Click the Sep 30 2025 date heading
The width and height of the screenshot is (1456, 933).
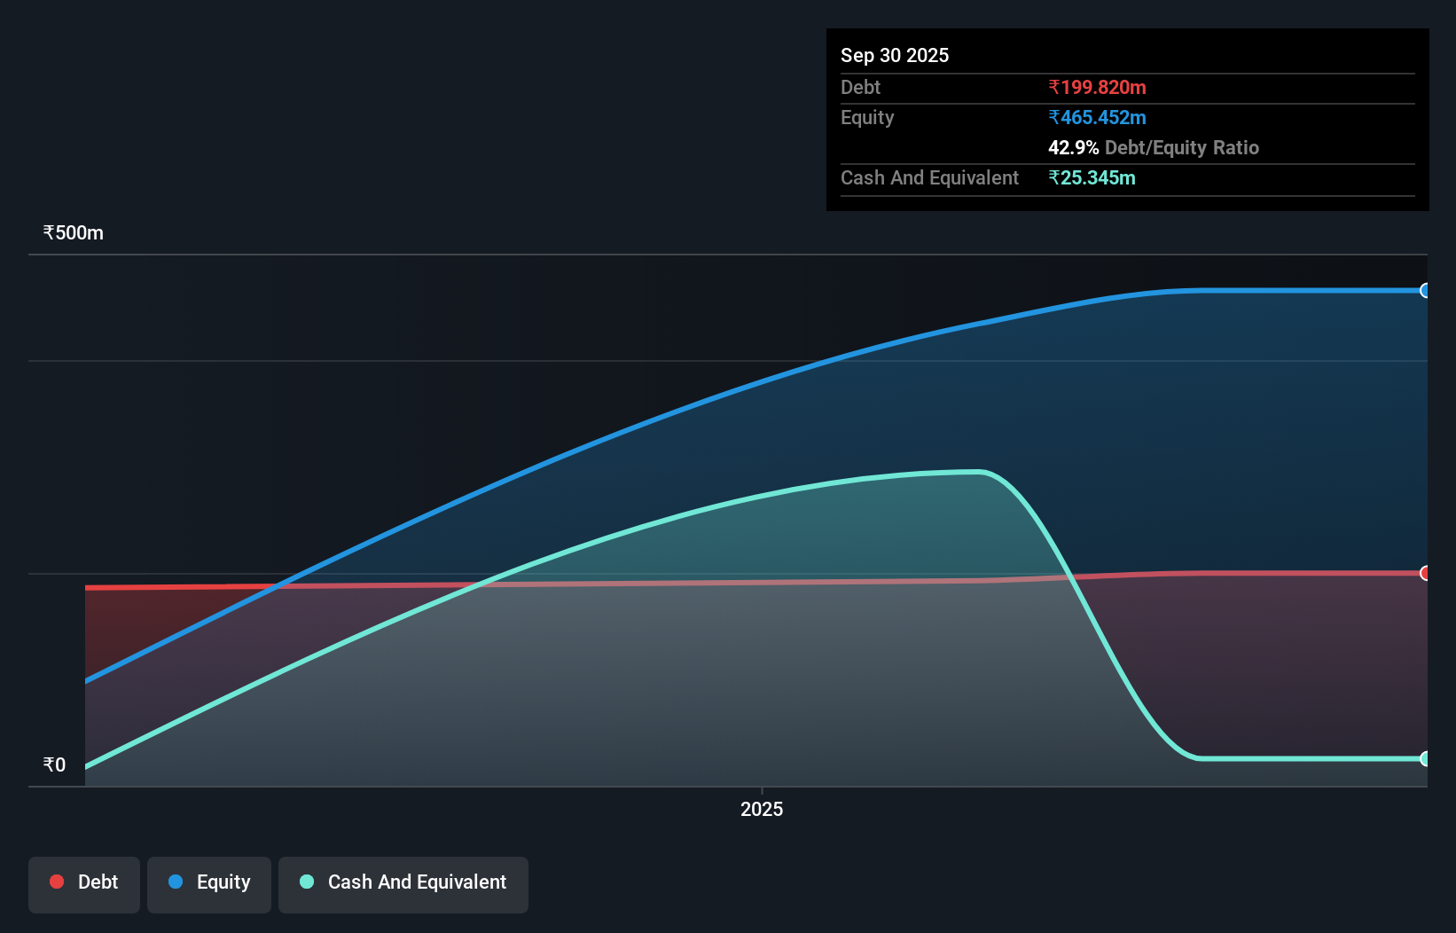pyautogui.click(x=894, y=55)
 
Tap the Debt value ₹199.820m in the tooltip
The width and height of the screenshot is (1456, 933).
pyautogui.click(x=1097, y=87)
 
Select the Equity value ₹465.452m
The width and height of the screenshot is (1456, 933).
pyautogui.click(x=1097, y=117)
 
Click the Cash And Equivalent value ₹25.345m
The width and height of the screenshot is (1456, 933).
pyautogui.click(x=1092, y=177)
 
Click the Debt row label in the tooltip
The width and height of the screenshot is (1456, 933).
pyautogui.click(x=860, y=87)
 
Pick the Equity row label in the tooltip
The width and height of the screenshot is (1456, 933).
pyautogui.click(x=867, y=117)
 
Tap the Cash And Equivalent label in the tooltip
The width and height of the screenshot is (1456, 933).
pyautogui.click(x=929, y=177)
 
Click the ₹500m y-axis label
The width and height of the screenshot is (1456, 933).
pyautogui.click(x=74, y=232)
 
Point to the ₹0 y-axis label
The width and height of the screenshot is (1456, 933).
pyautogui.click(x=54, y=764)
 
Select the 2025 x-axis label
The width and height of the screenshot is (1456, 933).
pyautogui.click(x=762, y=809)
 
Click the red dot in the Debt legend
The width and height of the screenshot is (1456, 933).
pyautogui.click(x=57, y=882)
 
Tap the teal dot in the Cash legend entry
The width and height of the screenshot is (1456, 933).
pyautogui.click(x=307, y=882)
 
